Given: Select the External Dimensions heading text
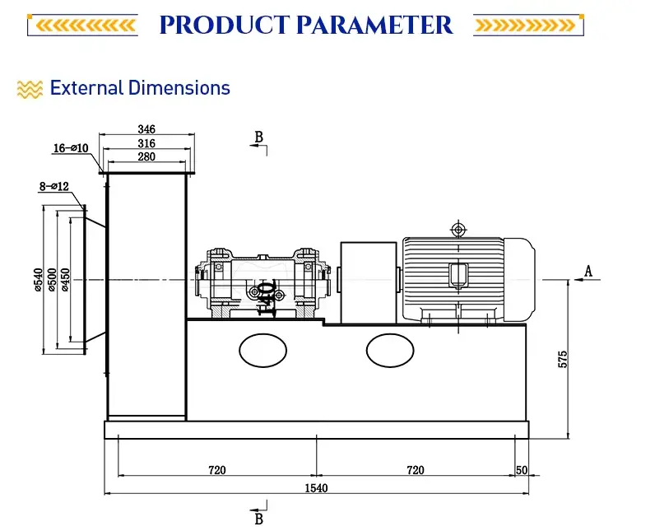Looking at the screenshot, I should pos(140,88).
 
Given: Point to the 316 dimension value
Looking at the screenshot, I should pos(146,143).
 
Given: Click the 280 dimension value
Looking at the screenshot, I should pos(146,156).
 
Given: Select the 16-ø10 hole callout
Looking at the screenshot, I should pos(71,148).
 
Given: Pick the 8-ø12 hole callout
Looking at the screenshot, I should pos(55,187).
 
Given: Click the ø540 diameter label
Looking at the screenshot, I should pos(38,280).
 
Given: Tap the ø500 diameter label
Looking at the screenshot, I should pos(52,280).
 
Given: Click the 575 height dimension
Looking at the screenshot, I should pos(562,359).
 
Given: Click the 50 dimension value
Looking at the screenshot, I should pos(521,470).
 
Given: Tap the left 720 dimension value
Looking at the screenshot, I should pos(216,470).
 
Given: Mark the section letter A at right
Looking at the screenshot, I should pos(588,271).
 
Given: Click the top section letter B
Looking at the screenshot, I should pos(258,137).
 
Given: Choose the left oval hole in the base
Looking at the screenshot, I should pos(263,351).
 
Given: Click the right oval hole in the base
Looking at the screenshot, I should pos(391,351).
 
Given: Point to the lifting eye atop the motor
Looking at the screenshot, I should pos(457,227).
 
